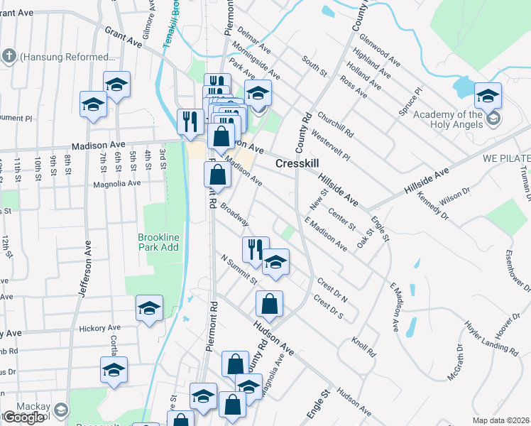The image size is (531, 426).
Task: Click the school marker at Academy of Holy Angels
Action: coord(488,96)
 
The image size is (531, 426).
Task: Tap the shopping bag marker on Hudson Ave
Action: coord(269,304)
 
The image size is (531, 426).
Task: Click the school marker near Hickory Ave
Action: coord(149,308)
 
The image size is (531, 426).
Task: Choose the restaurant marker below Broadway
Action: coord(256,249)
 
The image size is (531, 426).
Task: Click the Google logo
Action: coord(23,417)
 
